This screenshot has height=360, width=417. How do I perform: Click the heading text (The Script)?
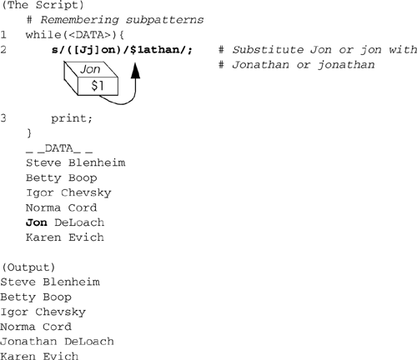point(43,5)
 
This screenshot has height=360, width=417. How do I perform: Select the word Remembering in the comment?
point(79,20)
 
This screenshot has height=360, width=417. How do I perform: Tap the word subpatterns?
point(164,20)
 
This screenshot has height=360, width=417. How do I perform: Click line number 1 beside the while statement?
point(3,35)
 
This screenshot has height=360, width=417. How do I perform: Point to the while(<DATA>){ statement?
point(75,35)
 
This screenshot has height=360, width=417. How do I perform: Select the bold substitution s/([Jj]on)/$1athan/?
point(122,50)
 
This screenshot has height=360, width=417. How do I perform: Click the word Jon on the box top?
point(90,69)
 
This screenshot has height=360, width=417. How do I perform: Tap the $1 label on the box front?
point(98,85)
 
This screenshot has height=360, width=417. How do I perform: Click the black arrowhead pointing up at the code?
point(135,71)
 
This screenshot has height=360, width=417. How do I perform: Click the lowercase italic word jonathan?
point(346,65)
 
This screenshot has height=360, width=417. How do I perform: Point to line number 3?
point(3,118)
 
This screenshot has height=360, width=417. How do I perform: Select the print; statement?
point(72,118)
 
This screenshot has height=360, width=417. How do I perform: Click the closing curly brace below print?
point(29,133)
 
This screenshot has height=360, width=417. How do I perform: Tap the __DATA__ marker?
point(59,148)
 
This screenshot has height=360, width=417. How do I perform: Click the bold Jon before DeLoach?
point(37,222)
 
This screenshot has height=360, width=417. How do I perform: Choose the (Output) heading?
point(28,267)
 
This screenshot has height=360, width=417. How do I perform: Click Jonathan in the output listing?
point(28,342)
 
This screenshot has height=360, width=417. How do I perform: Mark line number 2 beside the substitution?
point(3,50)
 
